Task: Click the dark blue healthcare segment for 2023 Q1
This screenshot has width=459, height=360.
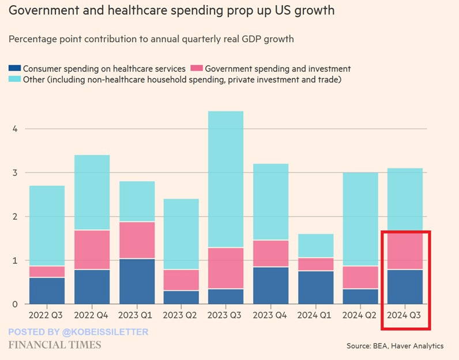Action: pos(137,281)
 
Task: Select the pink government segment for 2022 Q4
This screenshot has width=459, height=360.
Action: pos(92,249)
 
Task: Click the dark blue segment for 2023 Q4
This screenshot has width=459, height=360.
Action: pos(270,285)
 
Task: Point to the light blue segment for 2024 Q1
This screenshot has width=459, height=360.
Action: pos(315,245)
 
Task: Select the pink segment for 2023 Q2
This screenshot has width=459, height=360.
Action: pos(181,280)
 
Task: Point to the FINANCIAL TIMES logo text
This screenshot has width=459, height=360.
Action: pos(55,345)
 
